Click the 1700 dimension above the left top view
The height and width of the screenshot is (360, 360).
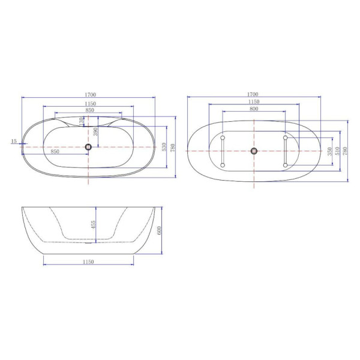coord(90,95)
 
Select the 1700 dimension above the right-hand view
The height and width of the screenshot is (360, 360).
coord(253,94)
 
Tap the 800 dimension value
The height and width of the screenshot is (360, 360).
coord(254,109)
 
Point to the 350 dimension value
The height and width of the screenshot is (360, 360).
coord(330,151)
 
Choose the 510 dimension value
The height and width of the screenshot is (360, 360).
coord(337,151)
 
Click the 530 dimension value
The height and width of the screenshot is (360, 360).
coord(164,147)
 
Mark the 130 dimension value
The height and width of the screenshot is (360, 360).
coord(81,121)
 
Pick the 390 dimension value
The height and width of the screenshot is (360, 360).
coord(95,131)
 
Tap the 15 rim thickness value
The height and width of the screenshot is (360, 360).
coord(14,141)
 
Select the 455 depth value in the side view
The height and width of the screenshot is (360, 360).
coord(93,225)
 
